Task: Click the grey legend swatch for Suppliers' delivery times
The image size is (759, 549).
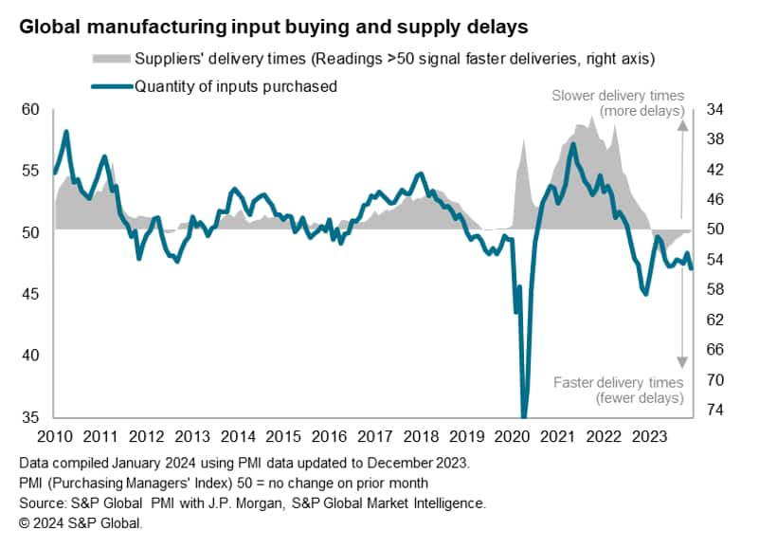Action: [111, 60]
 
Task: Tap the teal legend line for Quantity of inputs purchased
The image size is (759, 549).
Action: [111, 86]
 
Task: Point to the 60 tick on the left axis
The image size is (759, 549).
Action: [31, 110]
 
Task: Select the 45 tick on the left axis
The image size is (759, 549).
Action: [31, 294]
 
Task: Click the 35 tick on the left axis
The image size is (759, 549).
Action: [31, 417]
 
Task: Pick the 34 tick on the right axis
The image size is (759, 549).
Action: [715, 110]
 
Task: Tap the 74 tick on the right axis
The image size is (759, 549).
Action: [715, 411]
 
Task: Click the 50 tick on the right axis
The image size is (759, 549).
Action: [715, 229]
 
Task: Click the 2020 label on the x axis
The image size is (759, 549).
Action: [512, 437]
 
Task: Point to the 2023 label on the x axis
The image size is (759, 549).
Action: [649, 437]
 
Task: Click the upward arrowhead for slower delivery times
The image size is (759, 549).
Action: [681, 126]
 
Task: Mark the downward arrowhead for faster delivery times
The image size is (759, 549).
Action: [681, 361]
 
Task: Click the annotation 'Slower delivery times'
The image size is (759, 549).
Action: [618, 95]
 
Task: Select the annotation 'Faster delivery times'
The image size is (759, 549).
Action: [618, 382]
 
